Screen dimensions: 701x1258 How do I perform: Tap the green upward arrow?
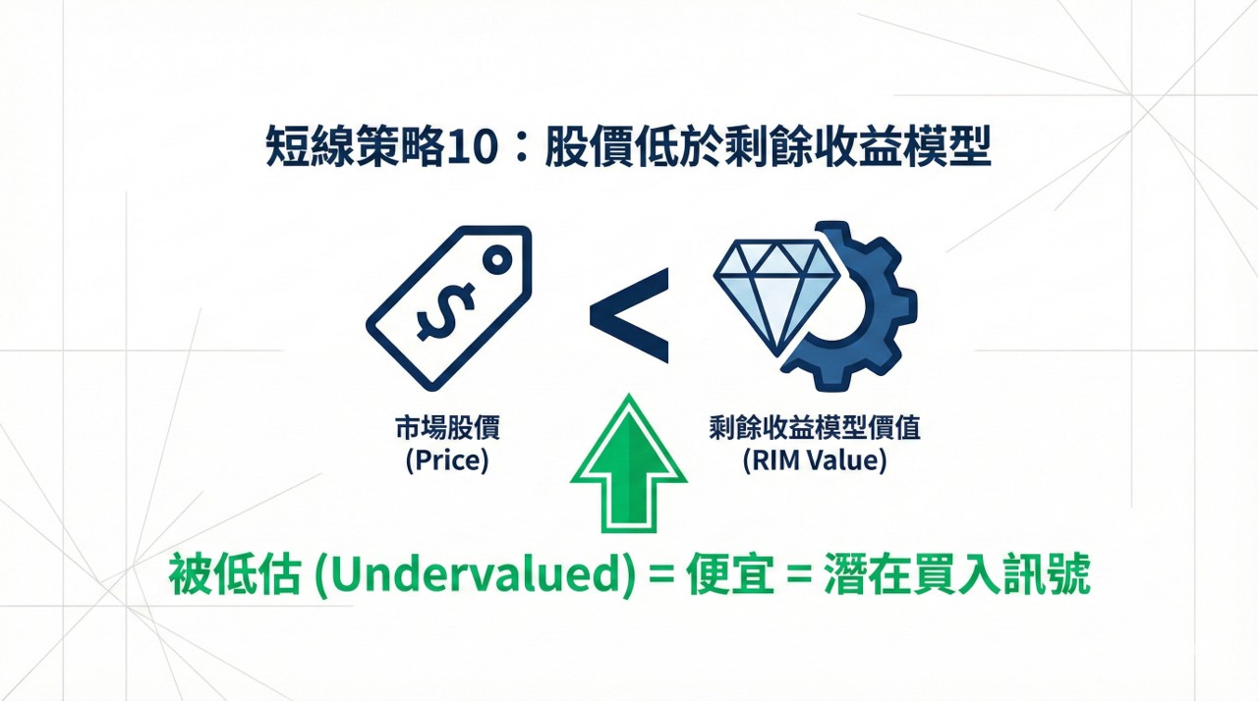pyautogui.click(x=629, y=461)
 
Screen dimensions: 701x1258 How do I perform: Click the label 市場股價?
pyautogui.click(x=447, y=428)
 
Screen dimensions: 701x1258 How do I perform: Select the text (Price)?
pyautogui.click(x=447, y=460)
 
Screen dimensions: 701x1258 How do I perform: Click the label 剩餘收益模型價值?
pyautogui.click(x=815, y=428)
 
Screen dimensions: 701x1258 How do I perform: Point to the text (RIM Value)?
pyautogui.click(x=815, y=460)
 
